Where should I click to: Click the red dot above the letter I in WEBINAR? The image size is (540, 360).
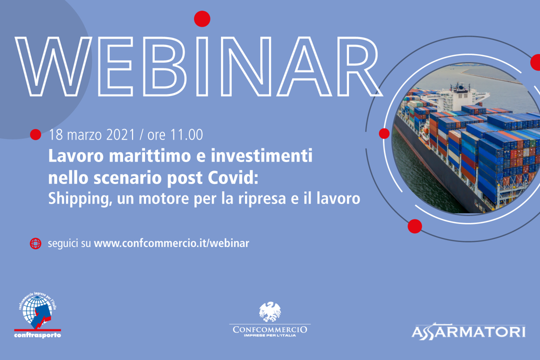coord(202,18)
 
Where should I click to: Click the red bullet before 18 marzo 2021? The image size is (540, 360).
coord(35,134)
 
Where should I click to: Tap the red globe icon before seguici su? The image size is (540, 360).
coord(35,243)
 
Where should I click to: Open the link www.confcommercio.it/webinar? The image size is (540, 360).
coord(171,243)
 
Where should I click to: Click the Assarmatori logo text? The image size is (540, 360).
coord(468,331)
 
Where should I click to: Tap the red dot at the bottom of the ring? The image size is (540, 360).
coord(414,226)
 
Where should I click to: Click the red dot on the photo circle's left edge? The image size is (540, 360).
coord(384,133)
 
